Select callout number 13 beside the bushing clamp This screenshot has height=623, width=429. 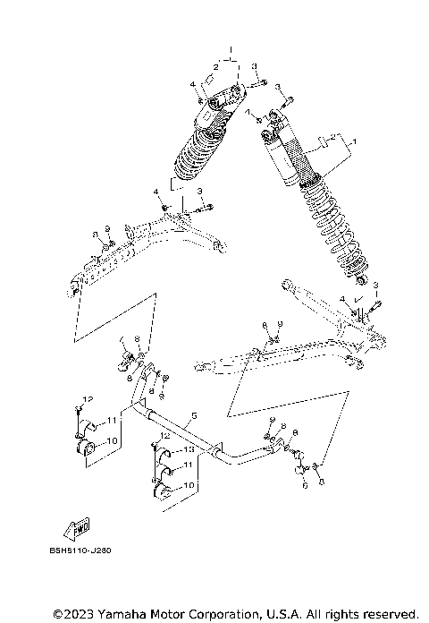click(189, 448)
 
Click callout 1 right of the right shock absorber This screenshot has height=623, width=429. click(353, 141)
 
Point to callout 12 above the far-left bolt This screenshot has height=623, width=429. click(88, 397)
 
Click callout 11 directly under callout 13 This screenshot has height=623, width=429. click(189, 465)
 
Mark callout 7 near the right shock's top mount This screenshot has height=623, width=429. click(247, 113)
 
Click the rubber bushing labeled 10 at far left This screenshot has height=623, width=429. click(88, 447)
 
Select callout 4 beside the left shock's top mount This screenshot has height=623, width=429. click(191, 83)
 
